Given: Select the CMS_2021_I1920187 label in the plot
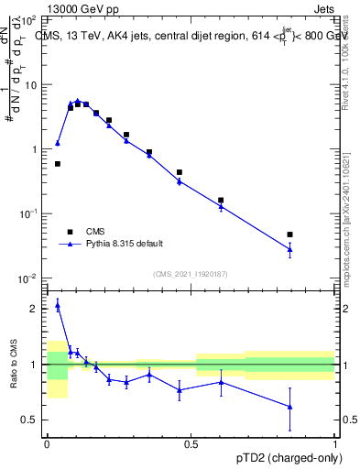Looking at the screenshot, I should [189, 273].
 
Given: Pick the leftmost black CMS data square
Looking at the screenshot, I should [58, 164].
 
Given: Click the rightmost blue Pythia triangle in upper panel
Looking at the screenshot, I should [289, 248].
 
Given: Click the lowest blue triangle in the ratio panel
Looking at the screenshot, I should [289, 407].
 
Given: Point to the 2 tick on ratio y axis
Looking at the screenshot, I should [37, 309].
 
